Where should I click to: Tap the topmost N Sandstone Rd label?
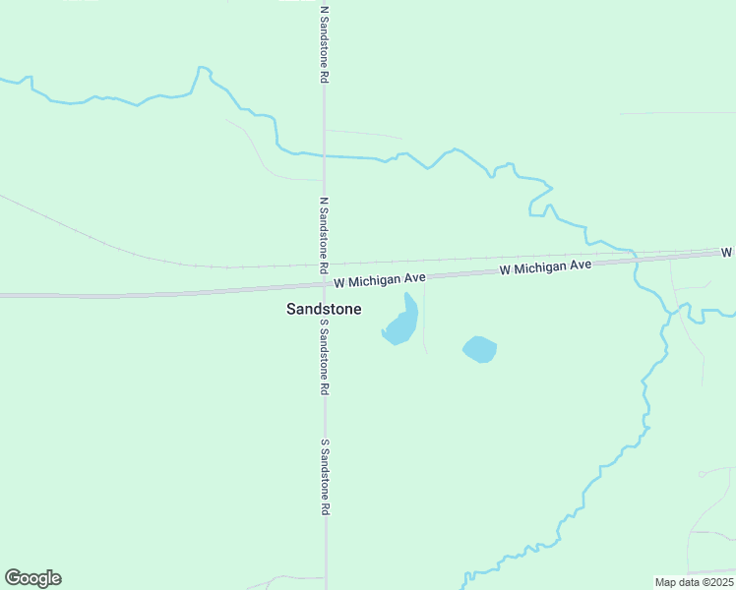click(324, 45)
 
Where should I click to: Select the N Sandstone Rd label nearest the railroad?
click(324, 235)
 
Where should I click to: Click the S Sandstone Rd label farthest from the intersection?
click(324, 478)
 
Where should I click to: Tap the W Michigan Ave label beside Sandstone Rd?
click(379, 280)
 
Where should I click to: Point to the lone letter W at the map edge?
click(728, 253)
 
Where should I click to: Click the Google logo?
click(32, 578)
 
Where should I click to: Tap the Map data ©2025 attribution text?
click(694, 582)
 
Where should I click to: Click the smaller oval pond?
click(479, 349)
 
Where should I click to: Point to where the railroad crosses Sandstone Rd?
click(325, 265)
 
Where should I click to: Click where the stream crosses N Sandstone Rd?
click(325, 155)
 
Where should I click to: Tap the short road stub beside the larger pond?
click(425, 329)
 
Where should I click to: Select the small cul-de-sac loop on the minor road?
click(702, 474)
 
